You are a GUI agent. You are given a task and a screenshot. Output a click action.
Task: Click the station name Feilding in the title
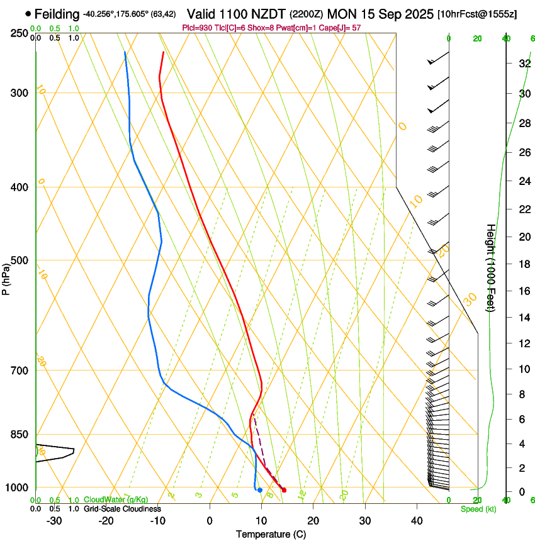57,14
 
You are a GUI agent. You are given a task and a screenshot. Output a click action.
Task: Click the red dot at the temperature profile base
284,490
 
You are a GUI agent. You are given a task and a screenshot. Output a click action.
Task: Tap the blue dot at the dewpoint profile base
260,490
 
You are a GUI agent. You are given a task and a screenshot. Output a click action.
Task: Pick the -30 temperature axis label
54,521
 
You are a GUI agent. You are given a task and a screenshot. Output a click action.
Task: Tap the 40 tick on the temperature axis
417,521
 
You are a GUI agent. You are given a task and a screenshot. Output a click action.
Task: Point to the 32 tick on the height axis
524,64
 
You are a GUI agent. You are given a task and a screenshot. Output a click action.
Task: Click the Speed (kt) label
478,509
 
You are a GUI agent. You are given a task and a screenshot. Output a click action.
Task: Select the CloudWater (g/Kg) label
116,500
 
